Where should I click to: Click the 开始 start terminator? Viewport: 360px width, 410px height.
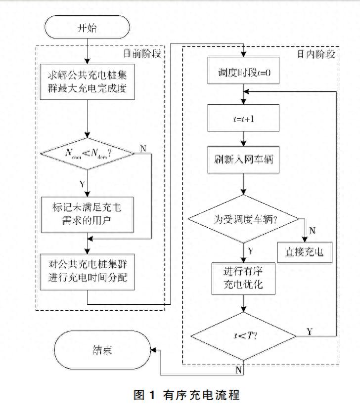[87, 27]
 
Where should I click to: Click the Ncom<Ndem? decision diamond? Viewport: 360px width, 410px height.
[87, 154]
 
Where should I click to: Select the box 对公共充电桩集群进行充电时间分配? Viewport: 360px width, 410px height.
[87, 270]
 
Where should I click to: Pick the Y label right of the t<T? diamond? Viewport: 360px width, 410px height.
[310, 330]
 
